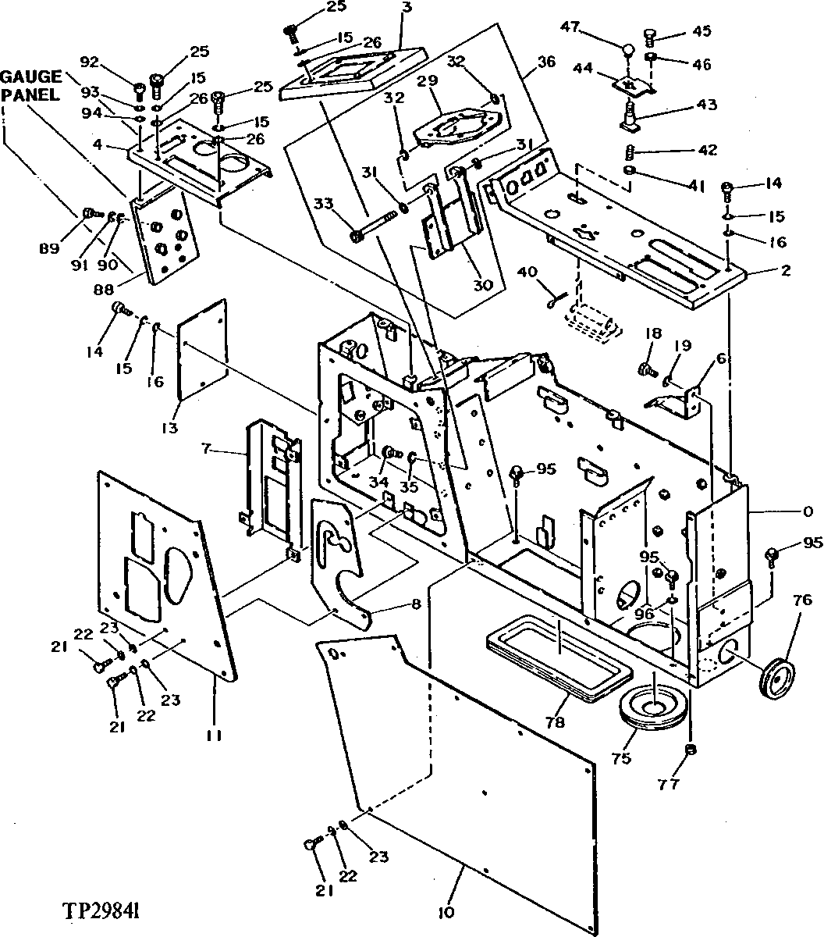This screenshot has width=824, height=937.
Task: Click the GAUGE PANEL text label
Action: [30, 85]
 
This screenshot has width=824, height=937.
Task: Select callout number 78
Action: [555, 723]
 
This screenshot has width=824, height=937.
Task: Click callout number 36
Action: [546, 61]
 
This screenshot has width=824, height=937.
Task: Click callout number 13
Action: [171, 427]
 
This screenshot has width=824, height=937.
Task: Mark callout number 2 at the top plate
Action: [786, 271]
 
